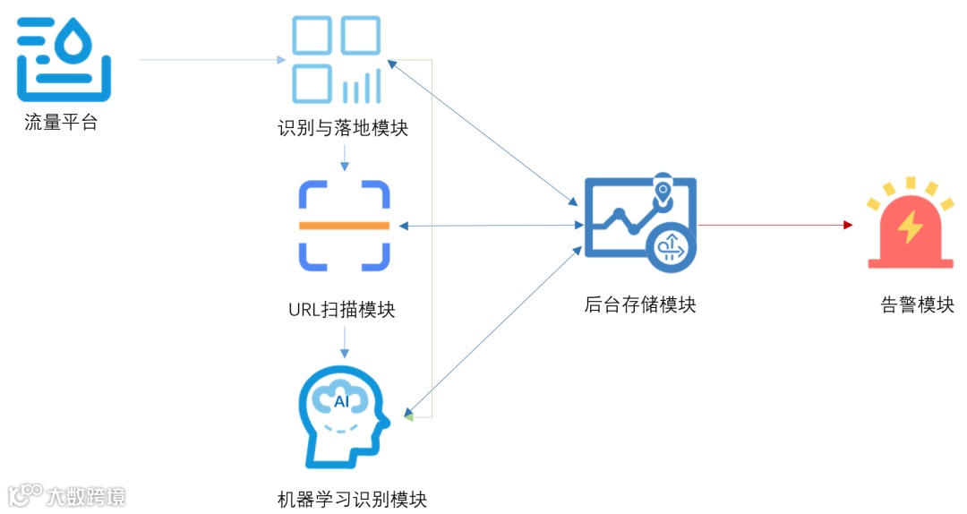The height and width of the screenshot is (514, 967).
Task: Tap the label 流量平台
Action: click(x=61, y=124)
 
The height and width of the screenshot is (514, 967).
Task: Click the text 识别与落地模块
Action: click(x=343, y=129)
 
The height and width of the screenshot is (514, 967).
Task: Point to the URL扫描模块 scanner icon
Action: click(x=344, y=225)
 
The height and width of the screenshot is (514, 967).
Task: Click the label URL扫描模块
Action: click(x=341, y=310)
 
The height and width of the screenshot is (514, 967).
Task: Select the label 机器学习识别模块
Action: click(x=352, y=499)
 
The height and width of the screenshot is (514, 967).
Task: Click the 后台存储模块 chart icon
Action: click(x=639, y=222)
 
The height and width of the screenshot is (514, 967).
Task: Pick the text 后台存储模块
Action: click(x=639, y=305)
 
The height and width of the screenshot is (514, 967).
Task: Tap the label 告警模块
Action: click(x=917, y=305)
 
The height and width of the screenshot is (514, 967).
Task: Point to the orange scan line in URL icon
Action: click(x=344, y=225)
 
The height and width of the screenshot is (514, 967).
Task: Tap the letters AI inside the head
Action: click(x=342, y=401)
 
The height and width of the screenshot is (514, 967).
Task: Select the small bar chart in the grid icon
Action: click(x=361, y=88)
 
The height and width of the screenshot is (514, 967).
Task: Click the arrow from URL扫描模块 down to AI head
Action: click(x=345, y=341)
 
